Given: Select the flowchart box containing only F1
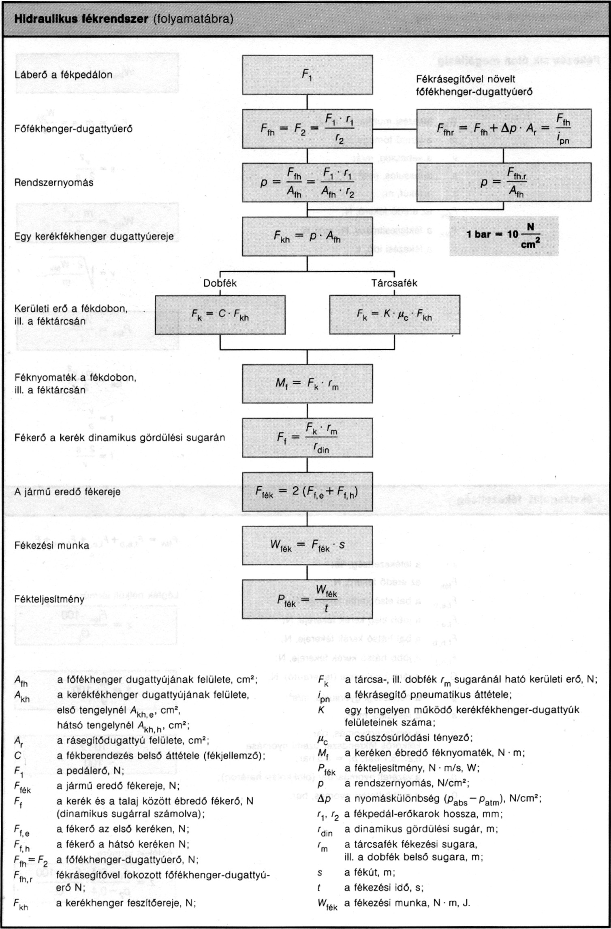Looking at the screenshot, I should tap(307, 75).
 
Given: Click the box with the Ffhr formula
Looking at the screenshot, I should tap(504, 129).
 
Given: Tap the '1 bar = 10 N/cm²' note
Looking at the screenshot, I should tap(504, 236).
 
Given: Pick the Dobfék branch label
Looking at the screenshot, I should tap(220, 283).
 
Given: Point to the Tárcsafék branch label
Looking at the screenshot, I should tap(394, 283).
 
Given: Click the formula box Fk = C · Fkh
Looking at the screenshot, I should tap(220, 315).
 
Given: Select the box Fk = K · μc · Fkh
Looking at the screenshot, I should tap(394, 315).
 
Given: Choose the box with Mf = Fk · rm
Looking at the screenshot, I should tap(307, 384).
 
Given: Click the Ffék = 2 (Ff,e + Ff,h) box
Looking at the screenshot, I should tap(307, 491).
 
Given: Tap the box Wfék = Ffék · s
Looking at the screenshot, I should tap(307, 545).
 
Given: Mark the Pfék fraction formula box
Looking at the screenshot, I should tap(307, 599).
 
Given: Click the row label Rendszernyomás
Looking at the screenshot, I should tap(53, 183).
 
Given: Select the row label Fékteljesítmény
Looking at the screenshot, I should tap(49, 599).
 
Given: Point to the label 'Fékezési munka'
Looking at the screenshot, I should tap(51, 545).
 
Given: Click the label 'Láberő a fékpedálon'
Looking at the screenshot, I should tap(63, 75).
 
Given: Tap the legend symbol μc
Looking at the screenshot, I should tap(323, 738).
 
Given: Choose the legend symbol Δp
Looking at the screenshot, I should tap(324, 799).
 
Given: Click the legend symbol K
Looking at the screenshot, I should tap(321, 710).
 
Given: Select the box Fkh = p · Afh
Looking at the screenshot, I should tap(307, 236).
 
